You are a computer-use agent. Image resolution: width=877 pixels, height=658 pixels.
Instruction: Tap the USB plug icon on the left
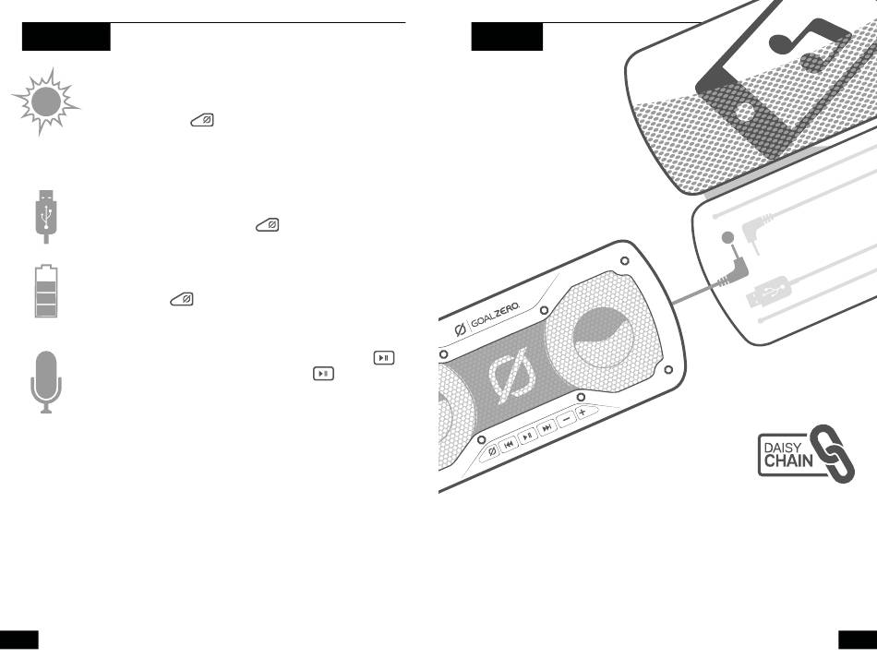pos(45,215)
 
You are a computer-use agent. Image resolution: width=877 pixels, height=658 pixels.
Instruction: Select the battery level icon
pos(45,291)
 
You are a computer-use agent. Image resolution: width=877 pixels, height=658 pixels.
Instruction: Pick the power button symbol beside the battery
pos(182,299)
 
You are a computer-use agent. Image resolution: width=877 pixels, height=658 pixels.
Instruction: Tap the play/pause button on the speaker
pos(527,436)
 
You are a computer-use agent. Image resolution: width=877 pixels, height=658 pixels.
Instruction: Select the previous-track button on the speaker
pos(509,443)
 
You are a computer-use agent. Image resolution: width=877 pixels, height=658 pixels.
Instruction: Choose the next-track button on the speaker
pos(547,427)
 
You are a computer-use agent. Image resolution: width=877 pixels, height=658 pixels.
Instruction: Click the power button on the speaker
pos(491,450)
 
